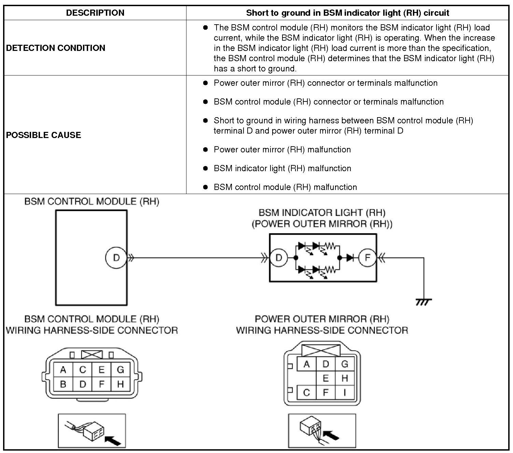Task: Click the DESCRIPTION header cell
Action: coord(95,13)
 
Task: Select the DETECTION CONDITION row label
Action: coord(56,48)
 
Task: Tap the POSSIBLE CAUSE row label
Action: coord(44,135)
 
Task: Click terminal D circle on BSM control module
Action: coord(116,258)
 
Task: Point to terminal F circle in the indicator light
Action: coord(367,258)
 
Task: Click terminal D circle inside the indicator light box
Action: coord(279,258)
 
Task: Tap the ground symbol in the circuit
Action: coord(424,302)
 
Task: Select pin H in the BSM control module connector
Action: coord(120,384)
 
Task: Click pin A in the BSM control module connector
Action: coord(63,370)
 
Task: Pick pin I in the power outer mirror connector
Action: coord(345,393)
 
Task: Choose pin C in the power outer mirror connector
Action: coord(306,393)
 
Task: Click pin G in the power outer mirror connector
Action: coord(345,364)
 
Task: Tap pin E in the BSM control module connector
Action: coord(101,370)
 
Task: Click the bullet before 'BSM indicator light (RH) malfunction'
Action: coord(205,168)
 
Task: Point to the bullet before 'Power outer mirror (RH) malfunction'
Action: coord(205,149)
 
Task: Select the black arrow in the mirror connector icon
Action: coord(331,436)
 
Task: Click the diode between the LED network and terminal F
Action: coord(349,258)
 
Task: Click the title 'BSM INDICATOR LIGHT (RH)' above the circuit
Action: coord(322,213)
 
